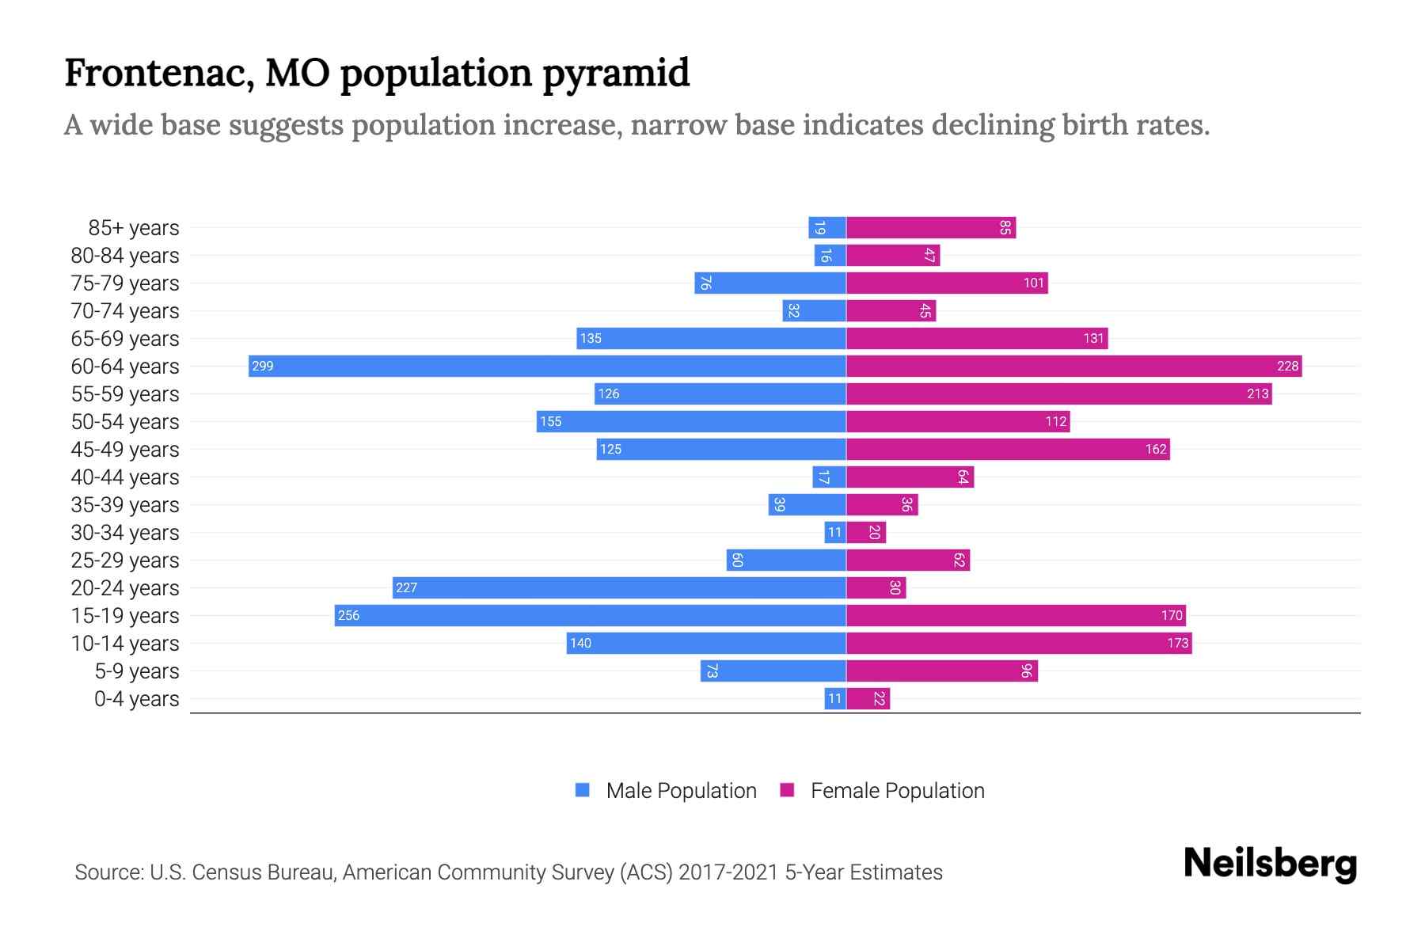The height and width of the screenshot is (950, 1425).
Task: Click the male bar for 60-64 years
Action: click(x=546, y=366)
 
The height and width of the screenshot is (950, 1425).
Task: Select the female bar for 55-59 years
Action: click(x=1058, y=393)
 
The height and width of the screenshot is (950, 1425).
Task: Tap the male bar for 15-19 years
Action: click(x=590, y=615)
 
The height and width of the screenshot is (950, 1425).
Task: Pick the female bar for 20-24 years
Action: click(x=876, y=587)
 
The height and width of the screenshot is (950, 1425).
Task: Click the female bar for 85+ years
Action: click(x=930, y=228)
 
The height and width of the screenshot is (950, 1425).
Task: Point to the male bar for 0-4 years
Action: click(x=834, y=698)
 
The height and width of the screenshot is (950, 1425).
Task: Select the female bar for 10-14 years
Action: click(x=1019, y=643)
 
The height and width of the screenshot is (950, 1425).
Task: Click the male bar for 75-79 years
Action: click(x=769, y=283)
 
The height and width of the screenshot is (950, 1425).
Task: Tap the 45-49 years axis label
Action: click(x=125, y=450)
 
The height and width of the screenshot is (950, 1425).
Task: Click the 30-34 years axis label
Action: click(x=125, y=533)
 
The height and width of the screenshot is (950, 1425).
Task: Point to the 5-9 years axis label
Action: click(x=137, y=671)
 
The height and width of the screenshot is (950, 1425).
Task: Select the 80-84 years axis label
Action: click(x=125, y=256)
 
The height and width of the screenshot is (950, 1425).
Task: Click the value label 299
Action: click(x=262, y=366)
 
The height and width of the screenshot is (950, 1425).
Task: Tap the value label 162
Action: click(x=1155, y=449)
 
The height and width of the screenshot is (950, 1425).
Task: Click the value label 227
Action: click(x=406, y=587)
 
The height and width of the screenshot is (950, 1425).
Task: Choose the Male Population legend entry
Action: click(x=681, y=790)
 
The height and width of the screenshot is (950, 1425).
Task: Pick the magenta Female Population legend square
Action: click(x=787, y=790)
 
